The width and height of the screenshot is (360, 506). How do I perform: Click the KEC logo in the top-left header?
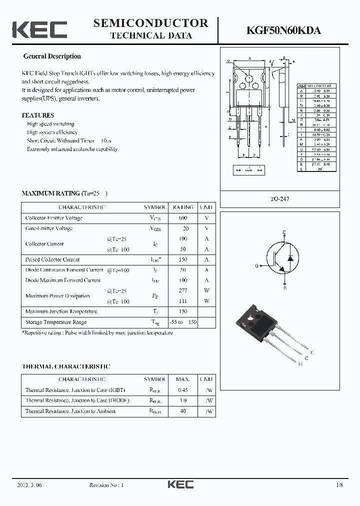click(x=39, y=29)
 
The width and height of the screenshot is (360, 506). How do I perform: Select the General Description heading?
click(x=52, y=56)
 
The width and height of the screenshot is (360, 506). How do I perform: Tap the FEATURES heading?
click(x=38, y=115)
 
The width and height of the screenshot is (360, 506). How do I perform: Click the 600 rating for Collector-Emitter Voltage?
click(x=182, y=218)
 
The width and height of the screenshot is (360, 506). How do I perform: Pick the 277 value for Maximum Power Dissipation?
click(x=182, y=290)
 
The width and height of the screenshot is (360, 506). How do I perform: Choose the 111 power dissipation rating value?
click(x=182, y=301)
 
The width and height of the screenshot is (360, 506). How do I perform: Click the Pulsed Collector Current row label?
click(x=52, y=259)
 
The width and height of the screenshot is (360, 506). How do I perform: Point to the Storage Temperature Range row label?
click(x=56, y=322)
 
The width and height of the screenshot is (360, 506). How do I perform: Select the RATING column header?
click(x=183, y=207)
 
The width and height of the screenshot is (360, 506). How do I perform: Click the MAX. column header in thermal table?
click(x=182, y=379)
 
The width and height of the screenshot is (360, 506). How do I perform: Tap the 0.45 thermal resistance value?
click(x=182, y=390)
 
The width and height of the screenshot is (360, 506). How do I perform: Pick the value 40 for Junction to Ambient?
click(x=182, y=411)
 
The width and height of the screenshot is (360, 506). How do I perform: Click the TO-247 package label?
click(x=280, y=199)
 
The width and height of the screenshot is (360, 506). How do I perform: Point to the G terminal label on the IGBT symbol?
click(x=256, y=266)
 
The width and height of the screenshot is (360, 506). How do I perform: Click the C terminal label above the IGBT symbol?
click(x=284, y=232)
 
